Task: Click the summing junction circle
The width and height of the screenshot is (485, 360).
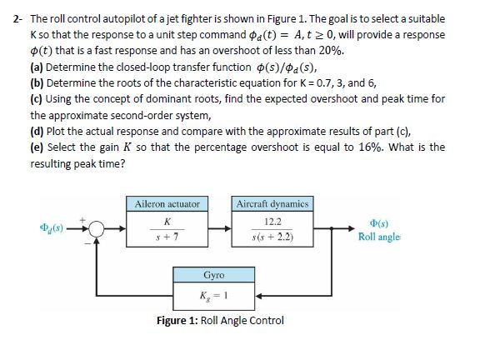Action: pos(97,227)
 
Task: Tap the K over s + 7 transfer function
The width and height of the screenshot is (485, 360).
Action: pos(169,228)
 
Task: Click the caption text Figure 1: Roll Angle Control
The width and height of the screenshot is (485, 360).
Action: pos(221,321)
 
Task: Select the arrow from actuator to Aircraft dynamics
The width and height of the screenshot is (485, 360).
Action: pos(221,227)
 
